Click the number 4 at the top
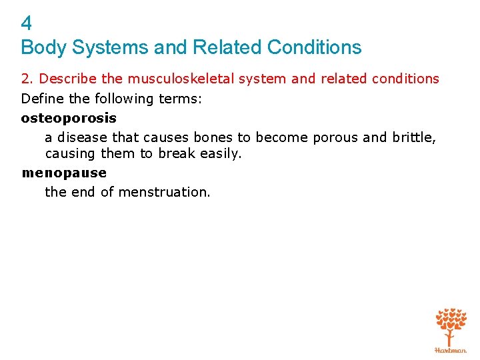26,24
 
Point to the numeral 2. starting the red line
27,79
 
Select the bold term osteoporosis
69,118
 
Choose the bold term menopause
64,173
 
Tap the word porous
335,137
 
